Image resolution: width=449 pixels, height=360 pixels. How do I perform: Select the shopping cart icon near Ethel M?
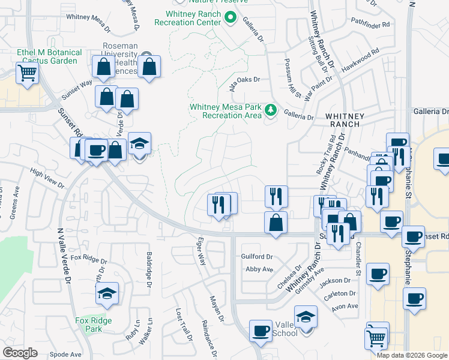[x=27, y=74]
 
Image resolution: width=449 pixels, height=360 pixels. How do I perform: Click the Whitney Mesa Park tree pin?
[x=271, y=110]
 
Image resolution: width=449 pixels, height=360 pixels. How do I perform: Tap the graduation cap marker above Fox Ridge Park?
[x=107, y=293]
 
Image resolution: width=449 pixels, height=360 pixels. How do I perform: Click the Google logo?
[x=20, y=353]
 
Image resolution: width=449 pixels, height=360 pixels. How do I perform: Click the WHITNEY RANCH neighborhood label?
[x=343, y=119]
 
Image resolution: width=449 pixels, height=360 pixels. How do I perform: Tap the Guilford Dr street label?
[x=257, y=256]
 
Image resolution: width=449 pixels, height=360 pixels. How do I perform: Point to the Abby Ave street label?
[x=259, y=269]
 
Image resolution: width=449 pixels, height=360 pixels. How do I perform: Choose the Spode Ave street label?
[x=65, y=354]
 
